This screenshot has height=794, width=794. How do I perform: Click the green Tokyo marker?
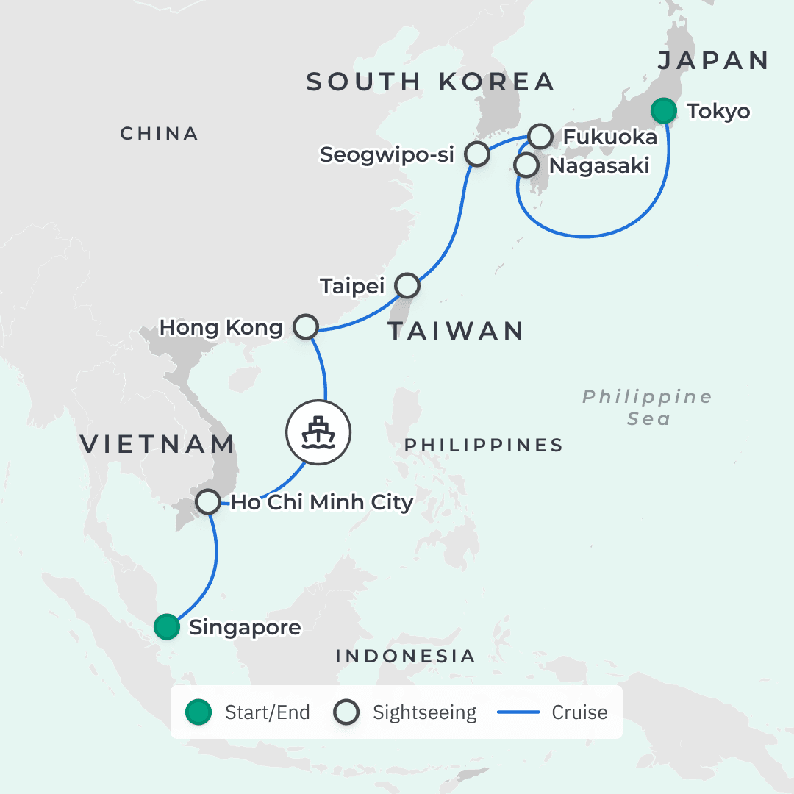[665, 111]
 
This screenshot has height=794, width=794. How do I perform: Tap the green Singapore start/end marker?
[167, 627]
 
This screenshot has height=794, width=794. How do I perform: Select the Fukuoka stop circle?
[540, 136]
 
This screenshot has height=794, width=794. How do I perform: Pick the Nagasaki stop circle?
[526, 165]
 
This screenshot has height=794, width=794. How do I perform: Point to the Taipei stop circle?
[407, 285]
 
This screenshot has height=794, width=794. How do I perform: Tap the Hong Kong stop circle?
[305, 326]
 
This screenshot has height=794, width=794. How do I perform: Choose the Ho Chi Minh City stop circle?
[208, 502]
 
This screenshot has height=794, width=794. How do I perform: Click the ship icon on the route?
[319, 432]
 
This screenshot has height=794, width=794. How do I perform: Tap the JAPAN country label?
[713, 60]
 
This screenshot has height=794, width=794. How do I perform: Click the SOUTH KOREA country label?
[430, 82]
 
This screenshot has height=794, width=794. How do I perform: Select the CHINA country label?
[160, 133]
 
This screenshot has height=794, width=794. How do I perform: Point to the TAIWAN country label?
[456, 331]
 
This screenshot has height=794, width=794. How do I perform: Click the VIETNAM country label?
[157, 444]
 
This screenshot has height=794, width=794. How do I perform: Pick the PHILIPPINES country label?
[484, 445]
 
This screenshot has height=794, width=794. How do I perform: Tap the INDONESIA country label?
[406, 656]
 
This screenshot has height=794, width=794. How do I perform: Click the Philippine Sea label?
[648, 407]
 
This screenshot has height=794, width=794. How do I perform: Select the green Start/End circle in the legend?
[198, 712]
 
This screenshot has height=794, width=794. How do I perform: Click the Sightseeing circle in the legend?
[346, 712]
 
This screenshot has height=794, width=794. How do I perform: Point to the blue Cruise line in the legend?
[518, 712]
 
